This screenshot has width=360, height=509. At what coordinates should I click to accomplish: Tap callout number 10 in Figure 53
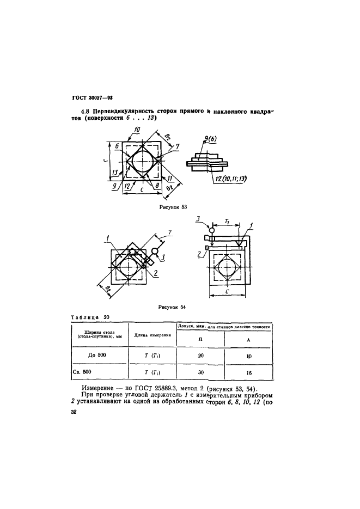[137, 130]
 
